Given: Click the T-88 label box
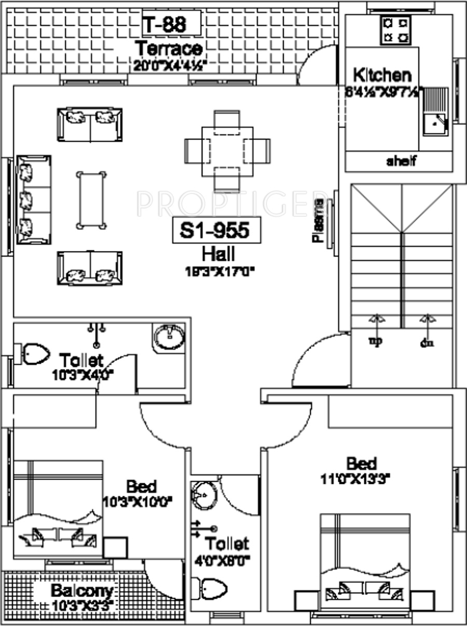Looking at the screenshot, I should tap(164, 24).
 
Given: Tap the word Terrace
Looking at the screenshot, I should tap(168, 49).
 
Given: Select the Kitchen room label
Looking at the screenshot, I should tap(382, 75).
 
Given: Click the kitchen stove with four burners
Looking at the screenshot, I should tap(395, 30).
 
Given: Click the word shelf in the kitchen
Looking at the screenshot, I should tap(401, 161).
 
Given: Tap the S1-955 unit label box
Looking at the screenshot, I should tap(216, 230).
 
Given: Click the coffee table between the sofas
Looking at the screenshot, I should tap(91, 200).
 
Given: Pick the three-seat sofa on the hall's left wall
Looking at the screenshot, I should tap(34, 200).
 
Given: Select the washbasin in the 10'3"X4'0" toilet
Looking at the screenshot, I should tap(169, 338).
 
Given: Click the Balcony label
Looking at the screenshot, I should tap(82, 591).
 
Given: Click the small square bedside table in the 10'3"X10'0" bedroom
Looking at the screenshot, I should tap(115, 548).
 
